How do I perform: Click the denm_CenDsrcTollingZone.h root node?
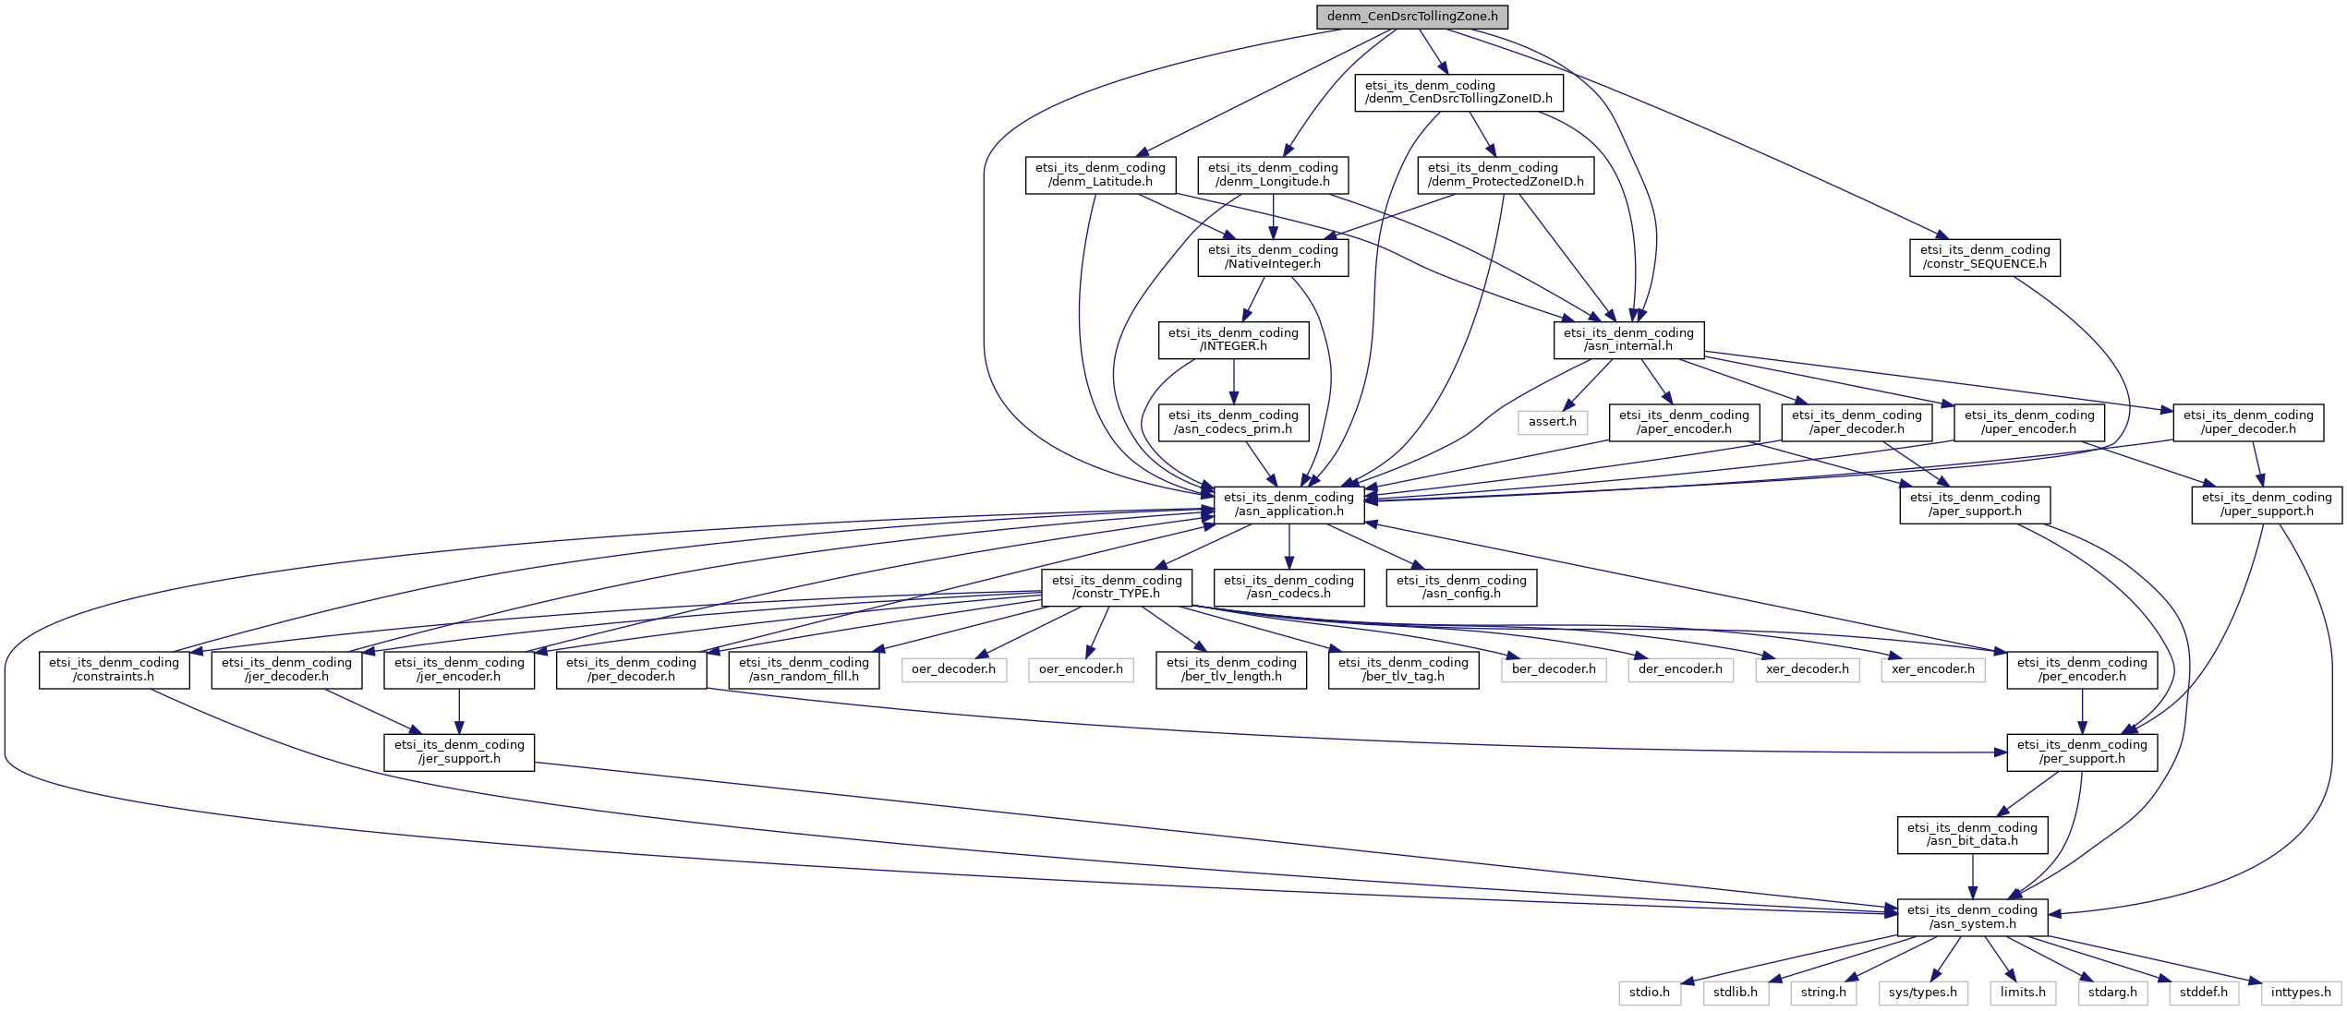pyautogui.click(x=1412, y=17)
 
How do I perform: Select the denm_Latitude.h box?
pyautogui.click(x=1100, y=175)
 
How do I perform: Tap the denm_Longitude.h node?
pyautogui.click(x=1273, y=175)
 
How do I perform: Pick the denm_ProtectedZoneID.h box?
pyautogui.click(x=1506, y=175)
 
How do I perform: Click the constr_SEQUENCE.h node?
pyautogui.click(x=1985, y=257)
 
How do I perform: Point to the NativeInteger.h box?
pyautogui.click(x=1273, y=257)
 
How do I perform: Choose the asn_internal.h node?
pyautogui.click(x=1628, y=340)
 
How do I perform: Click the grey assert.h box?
pyautogui.click(x=1552, y=422)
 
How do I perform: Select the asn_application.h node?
pyautogui.click(x=1288, y=504)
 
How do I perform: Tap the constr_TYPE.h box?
pyautogui.click(x=1117, y=587)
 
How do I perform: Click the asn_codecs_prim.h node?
pyautogui.click(x=1233, y=422)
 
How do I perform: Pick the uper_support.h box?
pyautogui.click(x=2267, y=504)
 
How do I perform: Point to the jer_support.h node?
pyautogui.click(x=459, y=752)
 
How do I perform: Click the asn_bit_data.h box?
pyautogui.click(x=1972, y=835)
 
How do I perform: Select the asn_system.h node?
pyautogui.click(x=1972, y=917)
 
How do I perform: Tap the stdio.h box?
pyautogui.click(x=1650, y=993)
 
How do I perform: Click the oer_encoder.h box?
pyautogui.click(x=1081, y=669)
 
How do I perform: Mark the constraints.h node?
pyautogui.click(x=115, y=669)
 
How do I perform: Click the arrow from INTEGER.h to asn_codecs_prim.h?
pyautogui.click(x=1233, y=380)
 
